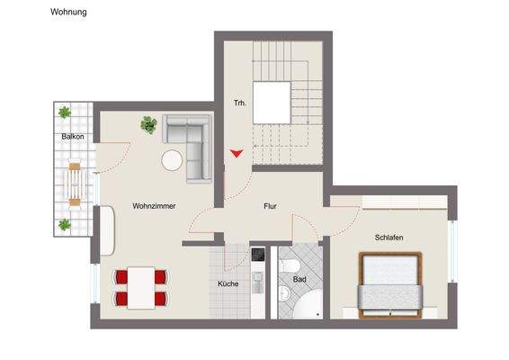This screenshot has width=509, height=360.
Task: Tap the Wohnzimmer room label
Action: pos(153,206)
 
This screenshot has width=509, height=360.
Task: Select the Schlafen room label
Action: pos(388,237)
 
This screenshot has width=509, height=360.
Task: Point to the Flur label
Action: pos(270,206)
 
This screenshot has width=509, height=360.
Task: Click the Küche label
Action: pos(228,283)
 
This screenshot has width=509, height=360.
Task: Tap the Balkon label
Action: pos(73,137)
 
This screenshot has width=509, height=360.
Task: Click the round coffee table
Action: pos(173,161)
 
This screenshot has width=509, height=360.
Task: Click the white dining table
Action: pos(141,287)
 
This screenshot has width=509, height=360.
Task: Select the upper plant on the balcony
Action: pos(65,112)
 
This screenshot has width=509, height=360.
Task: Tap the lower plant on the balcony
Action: pos(65,225)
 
